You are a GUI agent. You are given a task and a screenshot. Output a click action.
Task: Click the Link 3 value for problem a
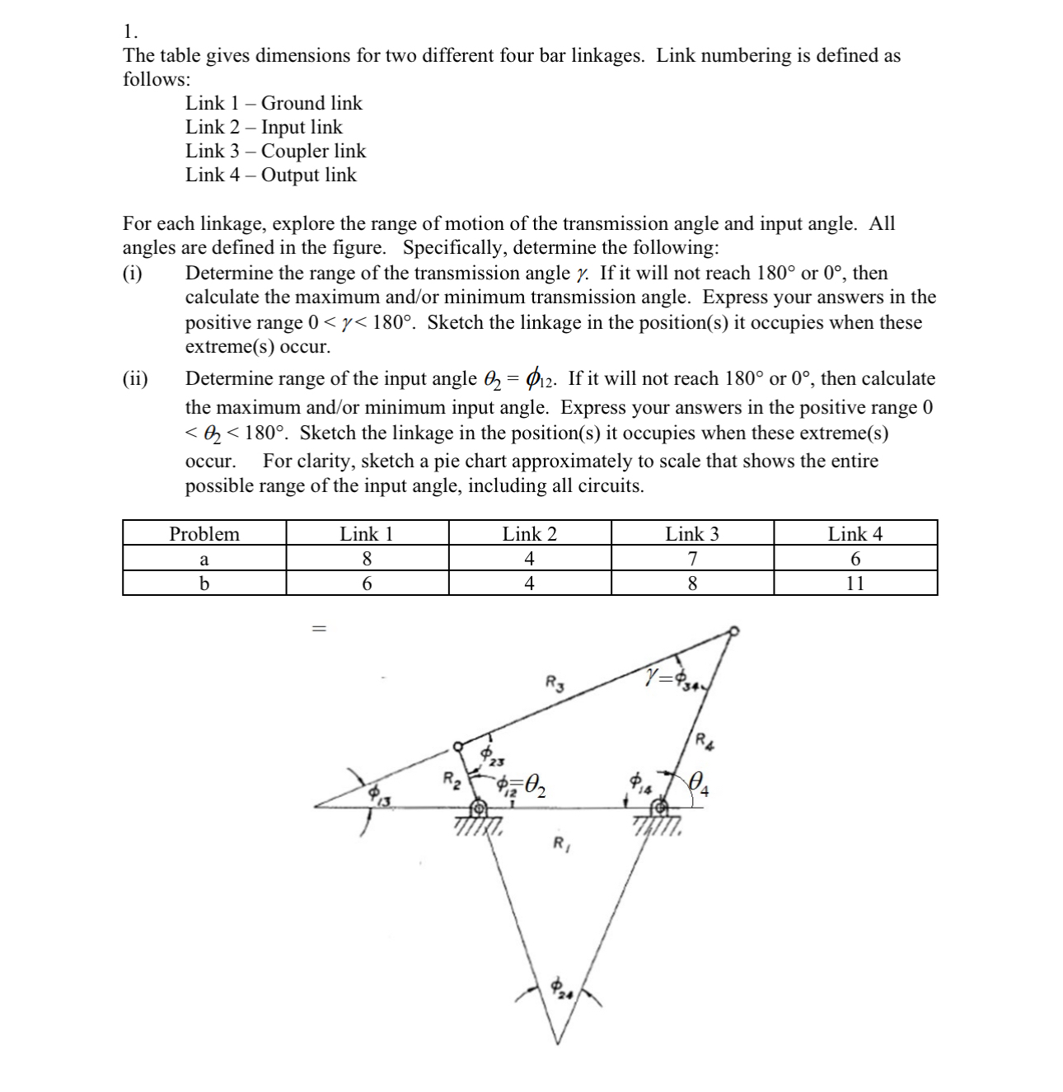click(x=692, y=559)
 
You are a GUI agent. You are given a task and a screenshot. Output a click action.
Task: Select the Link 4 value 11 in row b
click(x=855, y=583)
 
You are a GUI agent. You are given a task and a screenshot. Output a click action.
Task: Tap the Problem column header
click(x=204, y=534)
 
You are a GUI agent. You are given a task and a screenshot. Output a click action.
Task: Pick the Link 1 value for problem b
click(x=367, y=583)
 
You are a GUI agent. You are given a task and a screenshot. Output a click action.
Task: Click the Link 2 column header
click(x=529, y=534)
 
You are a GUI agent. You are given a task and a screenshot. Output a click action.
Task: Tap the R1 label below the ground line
click(x=559, y=843)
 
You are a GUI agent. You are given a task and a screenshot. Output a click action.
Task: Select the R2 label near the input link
click(x=452, y=777)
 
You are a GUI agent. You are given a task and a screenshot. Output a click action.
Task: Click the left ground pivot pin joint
click(x=477, y=808)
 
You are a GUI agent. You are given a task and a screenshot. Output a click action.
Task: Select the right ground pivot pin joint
click(x=659, y=808)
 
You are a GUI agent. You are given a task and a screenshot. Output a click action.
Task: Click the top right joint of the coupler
click(x=734, y=631)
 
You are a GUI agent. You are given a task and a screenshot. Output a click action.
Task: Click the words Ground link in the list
click(x=311, y=103)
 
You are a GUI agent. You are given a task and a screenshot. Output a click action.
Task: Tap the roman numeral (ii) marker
click(x=135, y=379)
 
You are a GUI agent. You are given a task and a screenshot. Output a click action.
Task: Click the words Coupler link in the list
click(x=313, y=151)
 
